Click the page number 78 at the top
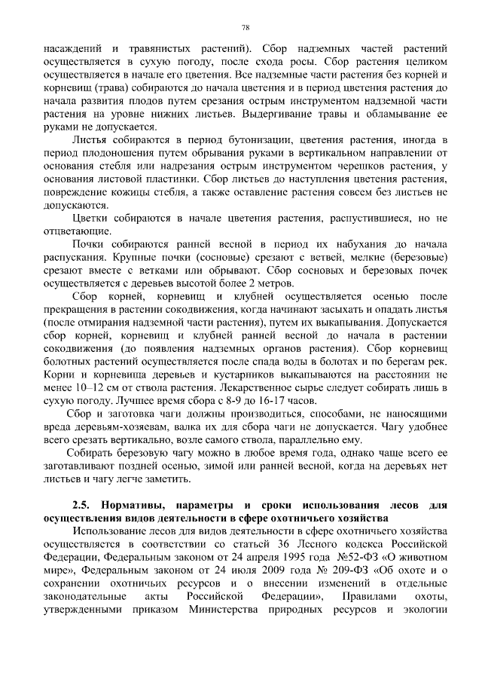coord(246,27)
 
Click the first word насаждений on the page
coord(70,47)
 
